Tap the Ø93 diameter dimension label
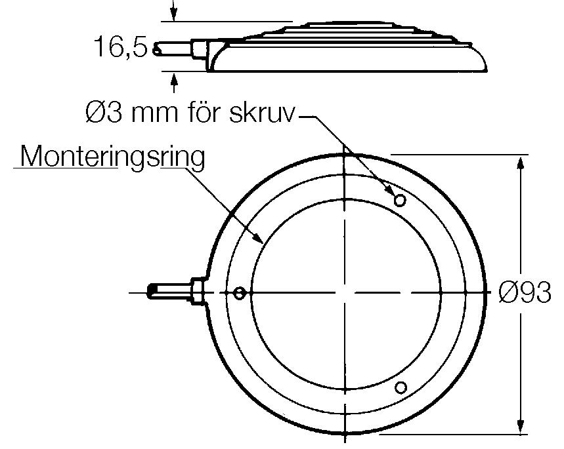(525, 293)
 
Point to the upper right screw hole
(400, 199)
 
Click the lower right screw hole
(401, 388)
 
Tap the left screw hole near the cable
(240, 292)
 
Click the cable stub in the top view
(170, 290)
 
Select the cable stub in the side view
(174, 50)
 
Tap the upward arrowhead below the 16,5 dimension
(174, 80)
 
